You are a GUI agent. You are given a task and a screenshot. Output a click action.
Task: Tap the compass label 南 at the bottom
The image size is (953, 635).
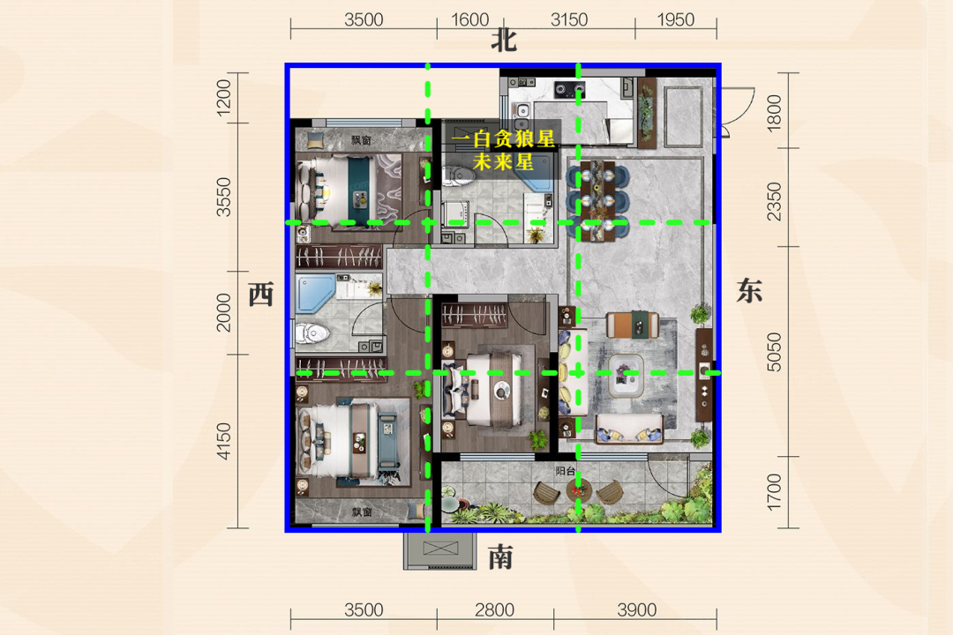pos(501,557)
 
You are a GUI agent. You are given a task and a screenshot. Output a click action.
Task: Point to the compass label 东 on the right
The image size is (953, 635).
pos(749,290)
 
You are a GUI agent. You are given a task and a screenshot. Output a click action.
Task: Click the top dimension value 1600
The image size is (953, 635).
pos(469,20)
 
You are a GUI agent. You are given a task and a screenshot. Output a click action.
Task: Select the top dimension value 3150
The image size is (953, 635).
pos(569,20)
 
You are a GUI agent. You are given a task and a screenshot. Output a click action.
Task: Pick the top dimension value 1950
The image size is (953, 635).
pos(675,20)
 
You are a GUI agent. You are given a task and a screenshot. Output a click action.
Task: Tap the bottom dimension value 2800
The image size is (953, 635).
pos(495,609)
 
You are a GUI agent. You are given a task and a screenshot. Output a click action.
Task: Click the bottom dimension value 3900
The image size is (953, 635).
pos(637,609)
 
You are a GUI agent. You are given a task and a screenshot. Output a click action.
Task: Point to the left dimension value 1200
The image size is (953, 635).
pos(223,97)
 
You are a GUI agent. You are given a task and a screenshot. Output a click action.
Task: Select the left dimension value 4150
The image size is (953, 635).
pos(223,441)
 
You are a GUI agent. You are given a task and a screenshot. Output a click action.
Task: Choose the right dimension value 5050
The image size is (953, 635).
pos(773,352)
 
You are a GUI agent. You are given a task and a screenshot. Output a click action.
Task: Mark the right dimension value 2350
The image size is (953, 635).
pos(773,202)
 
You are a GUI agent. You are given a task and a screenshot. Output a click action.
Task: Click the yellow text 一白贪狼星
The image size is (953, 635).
pos(503,139)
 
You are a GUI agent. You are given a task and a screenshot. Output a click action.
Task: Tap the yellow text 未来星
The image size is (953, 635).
pos(503,161)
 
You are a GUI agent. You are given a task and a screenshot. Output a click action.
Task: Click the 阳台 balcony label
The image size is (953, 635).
pos(566,471)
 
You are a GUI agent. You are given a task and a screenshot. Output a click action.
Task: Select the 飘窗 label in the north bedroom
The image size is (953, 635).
pos(361,140)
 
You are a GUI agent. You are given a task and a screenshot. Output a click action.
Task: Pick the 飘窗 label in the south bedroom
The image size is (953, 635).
pos(362,512)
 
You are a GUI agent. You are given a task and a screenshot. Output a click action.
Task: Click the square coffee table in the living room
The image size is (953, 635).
pos(626,375)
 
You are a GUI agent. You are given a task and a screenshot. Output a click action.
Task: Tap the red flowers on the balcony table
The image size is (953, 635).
pos(578,488)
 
